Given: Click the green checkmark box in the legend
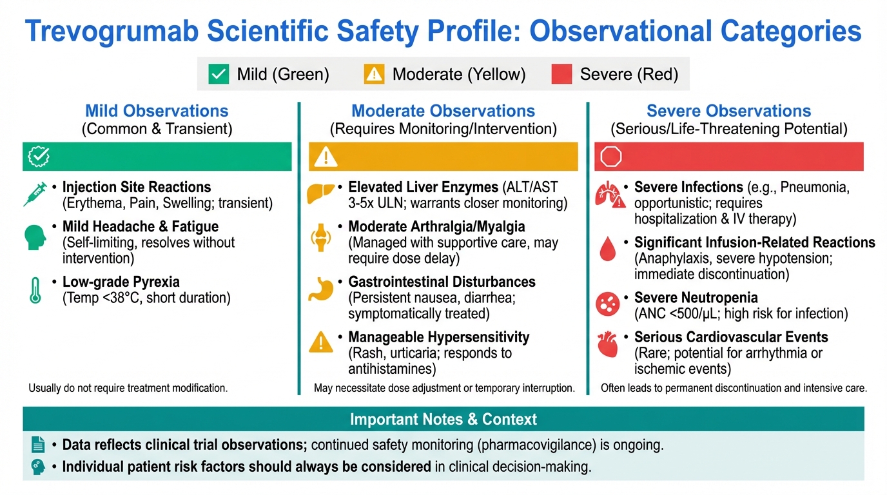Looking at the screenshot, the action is [219, 74].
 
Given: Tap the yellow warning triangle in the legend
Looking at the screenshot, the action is [374, 75].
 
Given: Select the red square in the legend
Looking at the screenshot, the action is [561, 74].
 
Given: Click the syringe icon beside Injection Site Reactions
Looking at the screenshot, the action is [35, 194].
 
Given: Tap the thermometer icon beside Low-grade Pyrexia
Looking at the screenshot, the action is [35, 290].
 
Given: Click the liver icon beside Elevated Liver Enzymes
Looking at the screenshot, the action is [321, 193].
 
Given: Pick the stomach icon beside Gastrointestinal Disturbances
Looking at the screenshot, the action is [321, 289].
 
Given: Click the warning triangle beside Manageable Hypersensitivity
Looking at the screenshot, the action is [321, 342].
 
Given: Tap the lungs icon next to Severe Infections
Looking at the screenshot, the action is [610, 195].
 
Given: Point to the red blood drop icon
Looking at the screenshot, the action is [607, 249].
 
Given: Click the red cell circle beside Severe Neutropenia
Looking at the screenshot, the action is [607, 304].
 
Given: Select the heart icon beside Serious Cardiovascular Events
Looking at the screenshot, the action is [607, 345].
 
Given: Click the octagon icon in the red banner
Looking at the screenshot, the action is [610, 157].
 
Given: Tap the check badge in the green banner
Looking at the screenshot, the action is [39, 157].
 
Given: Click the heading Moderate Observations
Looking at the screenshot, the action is [443, 111].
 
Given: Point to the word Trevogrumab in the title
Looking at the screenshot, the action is [112, 32].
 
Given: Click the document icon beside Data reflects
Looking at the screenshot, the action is [38, 445].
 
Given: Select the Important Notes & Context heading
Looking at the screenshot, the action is [443, 419].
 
